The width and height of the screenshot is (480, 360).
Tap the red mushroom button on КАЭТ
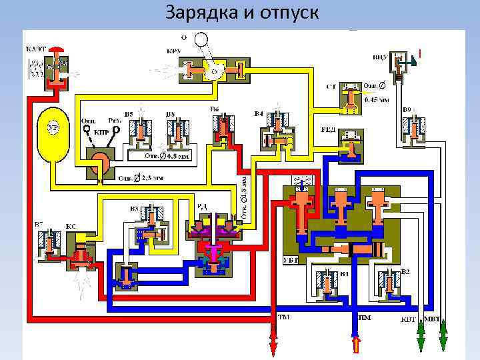coord(59,51)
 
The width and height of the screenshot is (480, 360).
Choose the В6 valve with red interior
coord(221,128)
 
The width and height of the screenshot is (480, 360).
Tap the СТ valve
coord(349,97)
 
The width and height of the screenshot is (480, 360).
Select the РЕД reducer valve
coord(349,143)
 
